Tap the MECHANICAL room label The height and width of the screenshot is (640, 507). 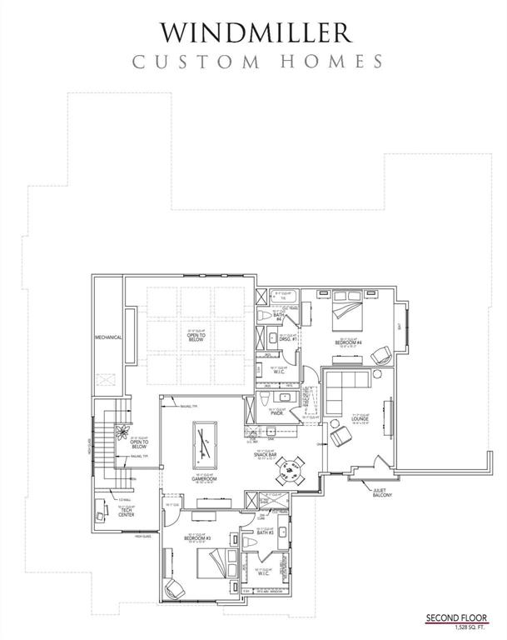click(x=108, y=337)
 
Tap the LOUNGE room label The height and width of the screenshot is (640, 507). click(x=359, y=420)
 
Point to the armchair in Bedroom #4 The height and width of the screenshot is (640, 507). click(x=380, y=353)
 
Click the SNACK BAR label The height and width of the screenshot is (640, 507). click(x=267, y=454)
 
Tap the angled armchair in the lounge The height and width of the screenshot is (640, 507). click(x=340, y=437)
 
